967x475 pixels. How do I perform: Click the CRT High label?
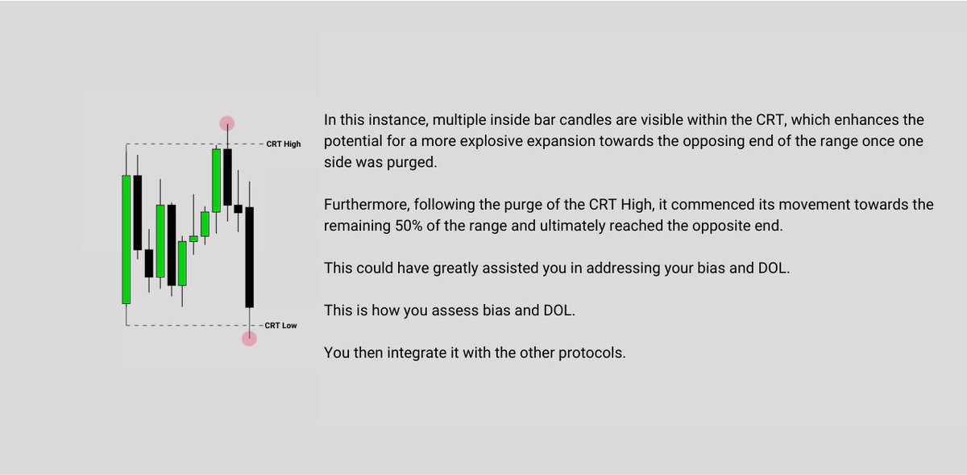pos(283,144)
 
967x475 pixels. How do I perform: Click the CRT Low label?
pos(281,326)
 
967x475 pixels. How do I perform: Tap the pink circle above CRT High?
pos(227,123)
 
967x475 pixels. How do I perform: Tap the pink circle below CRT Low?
pos(250,339)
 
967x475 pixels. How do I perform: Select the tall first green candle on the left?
pos(126,240)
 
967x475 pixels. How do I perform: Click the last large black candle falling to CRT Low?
pos(250,256)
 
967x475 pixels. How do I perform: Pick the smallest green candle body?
pos(193,239)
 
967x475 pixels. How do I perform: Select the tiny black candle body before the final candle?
pos(239,209)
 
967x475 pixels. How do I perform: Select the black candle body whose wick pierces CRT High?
pos(228,177)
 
